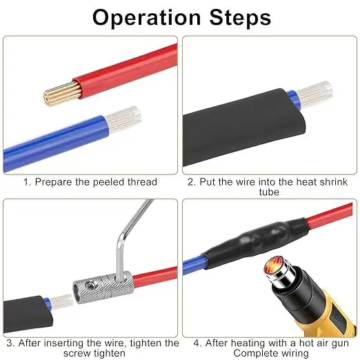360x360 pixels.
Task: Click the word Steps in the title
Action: click(240, 17)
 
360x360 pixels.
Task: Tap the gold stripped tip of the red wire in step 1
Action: click(61, 93)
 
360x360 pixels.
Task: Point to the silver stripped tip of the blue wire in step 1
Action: click(122, 119)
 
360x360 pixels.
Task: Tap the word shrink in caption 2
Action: click(333, 182)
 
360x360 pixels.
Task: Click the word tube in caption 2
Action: click(269, 192)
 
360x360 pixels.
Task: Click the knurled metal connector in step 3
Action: click(103, 288)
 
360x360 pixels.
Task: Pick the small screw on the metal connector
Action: click(89, 285)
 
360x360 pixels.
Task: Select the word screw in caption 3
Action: click(77, 353)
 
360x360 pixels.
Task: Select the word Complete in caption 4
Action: click(253, 353)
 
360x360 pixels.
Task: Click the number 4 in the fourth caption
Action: click(197, 343)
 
